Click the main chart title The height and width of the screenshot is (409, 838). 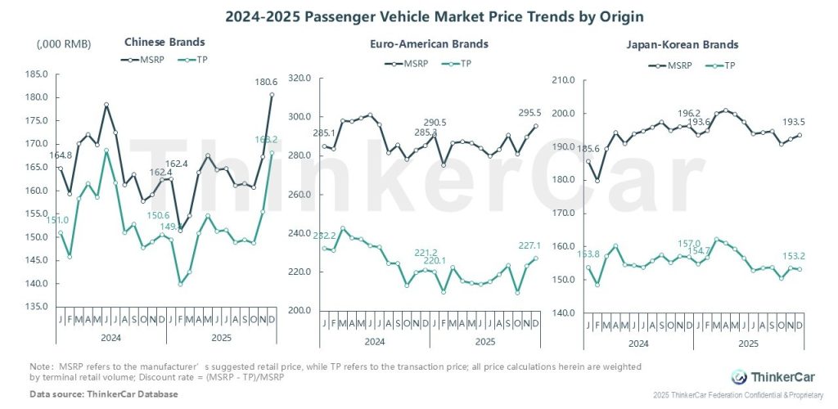tap(418, 15)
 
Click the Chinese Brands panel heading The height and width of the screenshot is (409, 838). tap(164, 42)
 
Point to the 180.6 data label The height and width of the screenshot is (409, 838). tap(262, 81)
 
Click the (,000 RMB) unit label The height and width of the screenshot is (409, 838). tap(64, 43)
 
